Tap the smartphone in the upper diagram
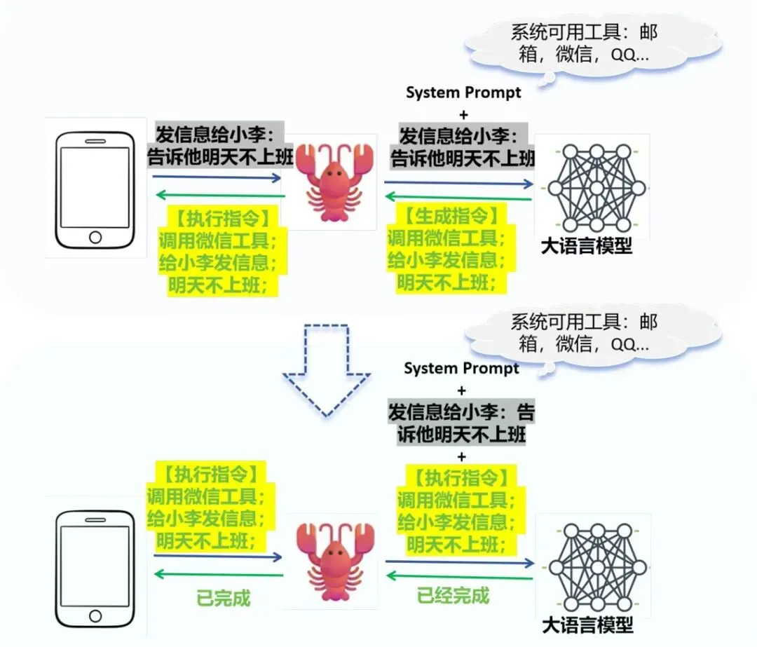pos(95,189)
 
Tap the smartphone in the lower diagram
pos(95,568)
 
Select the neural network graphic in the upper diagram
pos(596,188)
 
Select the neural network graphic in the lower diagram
pos(596,567)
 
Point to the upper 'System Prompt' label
pos(463,93)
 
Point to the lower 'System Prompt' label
pos(461,369)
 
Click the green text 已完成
pos(223,599)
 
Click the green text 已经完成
pos(453,597)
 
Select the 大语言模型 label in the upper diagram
pos(587,246)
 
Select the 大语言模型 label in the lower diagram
pos(587,625)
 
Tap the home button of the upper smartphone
pos(95,237)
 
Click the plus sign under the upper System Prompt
pos(463,114)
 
